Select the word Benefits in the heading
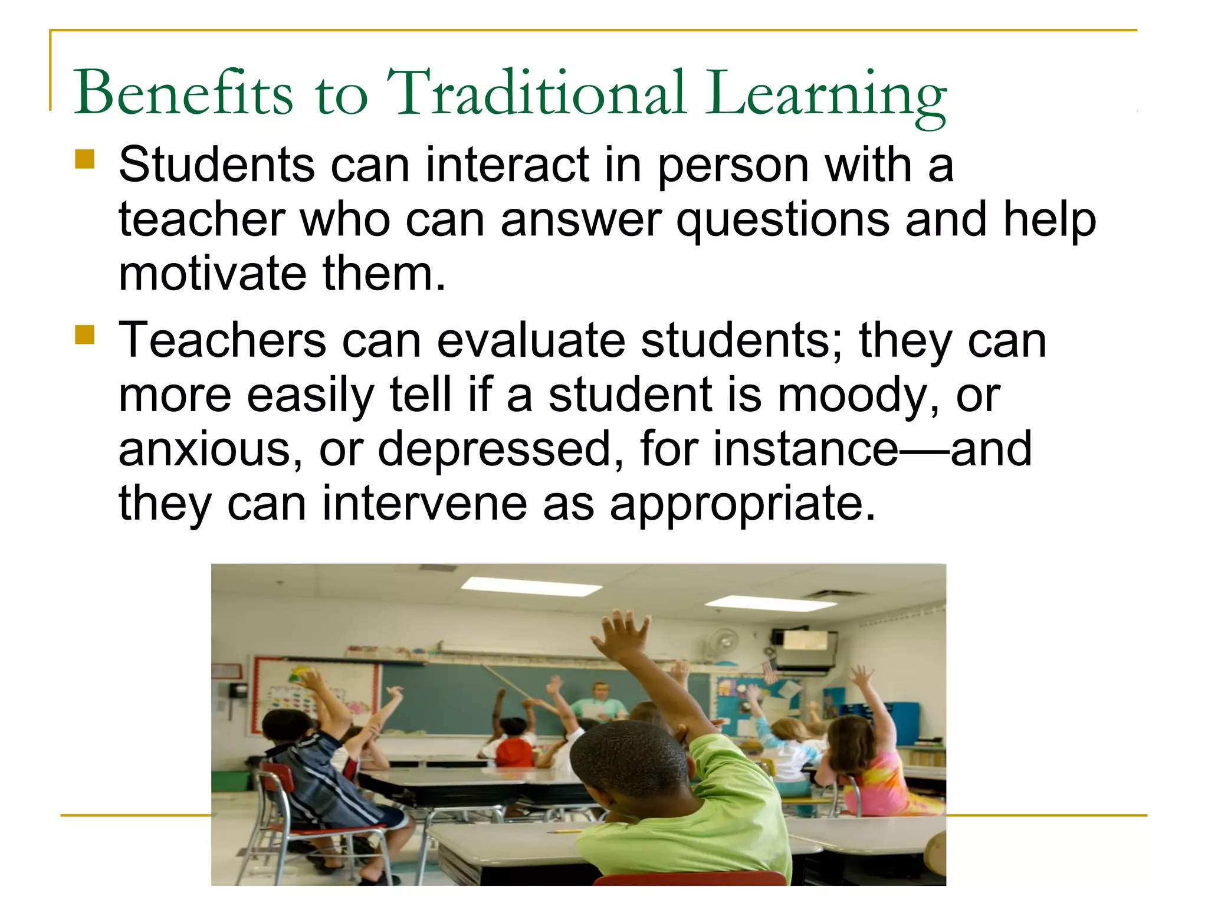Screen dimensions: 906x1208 tap(183, 93)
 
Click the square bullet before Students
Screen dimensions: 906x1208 tap(85, 159)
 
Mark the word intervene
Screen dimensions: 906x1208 tap(425, 504)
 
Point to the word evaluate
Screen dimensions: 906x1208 tap(531, 341)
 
